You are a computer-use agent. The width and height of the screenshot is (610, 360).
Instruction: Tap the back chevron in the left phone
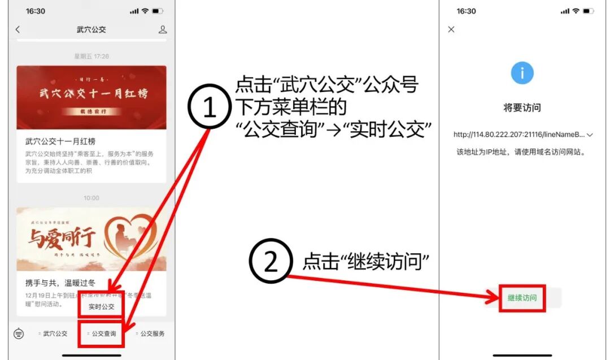click(18, 29)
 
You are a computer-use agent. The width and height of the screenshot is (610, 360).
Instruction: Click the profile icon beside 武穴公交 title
click(163, 29)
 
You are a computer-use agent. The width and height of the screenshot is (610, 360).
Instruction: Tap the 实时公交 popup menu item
click(102, 307)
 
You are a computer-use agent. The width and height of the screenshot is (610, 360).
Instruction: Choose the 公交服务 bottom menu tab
click(151, 333)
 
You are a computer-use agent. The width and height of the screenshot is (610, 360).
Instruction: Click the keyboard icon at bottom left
click(19, 333)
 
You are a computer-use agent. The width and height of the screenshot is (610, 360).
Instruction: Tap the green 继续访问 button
click(522, 298)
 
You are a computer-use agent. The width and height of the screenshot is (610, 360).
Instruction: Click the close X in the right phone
click(451, 29)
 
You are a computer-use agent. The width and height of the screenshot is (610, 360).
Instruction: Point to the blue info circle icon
click(522, 73)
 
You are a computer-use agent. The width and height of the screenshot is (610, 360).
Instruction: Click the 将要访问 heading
click(522, 107)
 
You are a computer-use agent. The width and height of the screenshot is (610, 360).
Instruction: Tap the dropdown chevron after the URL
click(590, 135)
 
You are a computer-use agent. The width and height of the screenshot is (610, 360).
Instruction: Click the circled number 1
click(210, 108)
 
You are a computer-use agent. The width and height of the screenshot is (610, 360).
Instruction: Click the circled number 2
click(271, 262)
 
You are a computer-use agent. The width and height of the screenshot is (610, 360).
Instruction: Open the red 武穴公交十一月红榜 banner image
click(91, 97)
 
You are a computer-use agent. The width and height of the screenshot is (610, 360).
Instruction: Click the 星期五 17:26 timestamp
click(91, 56)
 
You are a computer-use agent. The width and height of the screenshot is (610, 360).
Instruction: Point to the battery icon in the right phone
click(589, 11)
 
